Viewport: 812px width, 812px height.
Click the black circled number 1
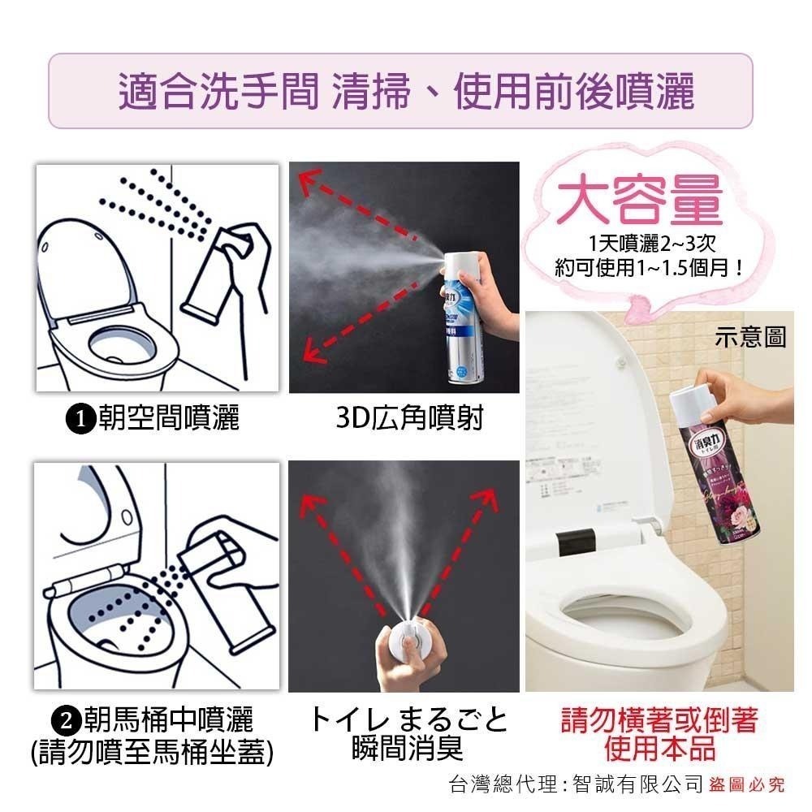click(x=80, y=419)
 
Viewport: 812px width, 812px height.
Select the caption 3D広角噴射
click(x=408, y=418)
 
